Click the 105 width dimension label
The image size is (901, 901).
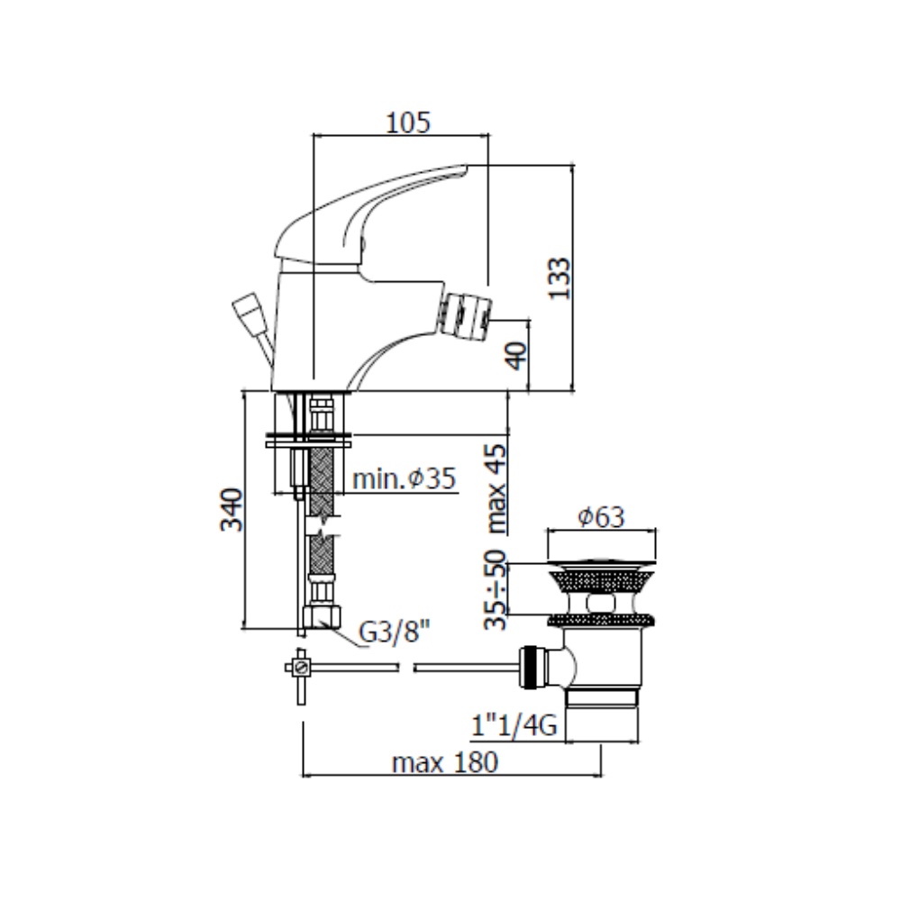click(x=407, y=122)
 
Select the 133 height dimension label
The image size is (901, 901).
click(x=560, y=278)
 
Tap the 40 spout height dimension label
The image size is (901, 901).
click(x=515, y=356)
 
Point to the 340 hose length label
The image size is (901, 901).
click(x=232, y=510)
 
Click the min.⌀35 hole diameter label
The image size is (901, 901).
click(x=404, y=478)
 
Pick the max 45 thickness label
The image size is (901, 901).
click(x=496, y=489)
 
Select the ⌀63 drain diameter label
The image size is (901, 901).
click(x=600, y=516)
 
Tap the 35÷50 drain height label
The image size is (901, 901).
click(x=496, y=589)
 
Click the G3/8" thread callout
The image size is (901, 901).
click(x=394, y=633)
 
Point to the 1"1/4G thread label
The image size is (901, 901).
click(x=514, y=725)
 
